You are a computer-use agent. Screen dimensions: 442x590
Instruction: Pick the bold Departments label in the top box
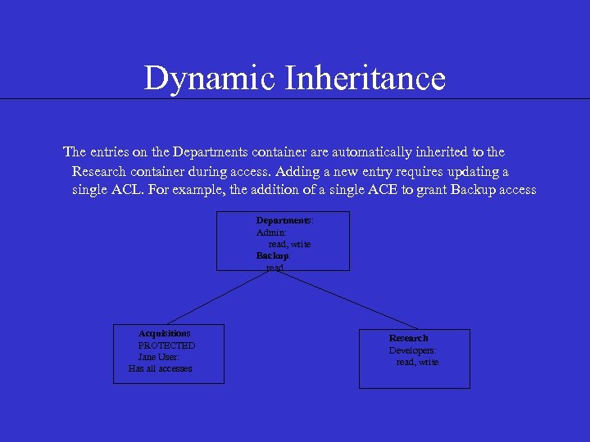284,221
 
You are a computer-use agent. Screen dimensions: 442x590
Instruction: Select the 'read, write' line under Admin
289,244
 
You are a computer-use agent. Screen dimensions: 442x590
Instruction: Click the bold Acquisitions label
164,334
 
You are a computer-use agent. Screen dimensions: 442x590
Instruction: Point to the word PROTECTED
166,345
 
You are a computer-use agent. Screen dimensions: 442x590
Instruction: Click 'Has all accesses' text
160,368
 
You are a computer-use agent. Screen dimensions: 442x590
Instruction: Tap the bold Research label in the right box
408,338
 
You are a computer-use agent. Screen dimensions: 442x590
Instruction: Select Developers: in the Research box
412,350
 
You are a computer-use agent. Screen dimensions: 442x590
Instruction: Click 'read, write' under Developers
417,362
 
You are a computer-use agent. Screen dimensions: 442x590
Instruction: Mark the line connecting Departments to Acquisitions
221,296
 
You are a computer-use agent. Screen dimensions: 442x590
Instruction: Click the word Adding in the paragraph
298,172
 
